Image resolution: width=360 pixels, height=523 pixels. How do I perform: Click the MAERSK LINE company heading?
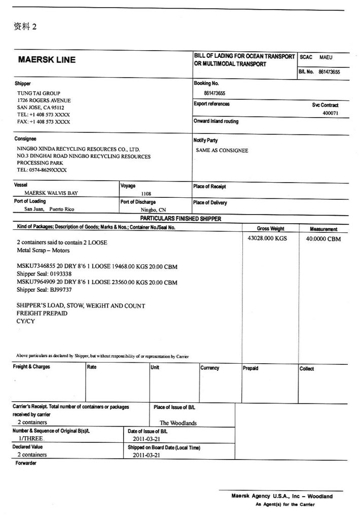(47, 60)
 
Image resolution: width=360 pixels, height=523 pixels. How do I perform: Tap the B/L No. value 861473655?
(329, 72)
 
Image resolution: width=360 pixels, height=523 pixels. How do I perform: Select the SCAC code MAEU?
(326, 57)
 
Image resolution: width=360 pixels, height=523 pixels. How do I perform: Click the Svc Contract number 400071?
(331, 113)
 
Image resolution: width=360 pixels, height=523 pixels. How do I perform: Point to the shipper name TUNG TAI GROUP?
(39, 93)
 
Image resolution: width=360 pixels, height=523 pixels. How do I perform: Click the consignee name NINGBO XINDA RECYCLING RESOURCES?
(78, 149)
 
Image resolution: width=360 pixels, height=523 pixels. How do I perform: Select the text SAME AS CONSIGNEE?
(222, 150)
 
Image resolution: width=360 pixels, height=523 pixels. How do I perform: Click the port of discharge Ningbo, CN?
(153, 210)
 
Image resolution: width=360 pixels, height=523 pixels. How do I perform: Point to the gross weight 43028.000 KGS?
(267, 238)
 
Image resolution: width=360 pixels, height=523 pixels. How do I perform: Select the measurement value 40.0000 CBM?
(323, 239)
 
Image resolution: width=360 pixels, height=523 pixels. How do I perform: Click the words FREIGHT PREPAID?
(42, 313)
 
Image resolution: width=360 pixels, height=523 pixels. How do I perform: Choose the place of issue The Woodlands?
(178, 423)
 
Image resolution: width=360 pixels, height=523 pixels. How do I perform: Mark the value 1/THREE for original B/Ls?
(31, 438)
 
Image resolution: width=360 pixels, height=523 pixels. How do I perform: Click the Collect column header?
(307, 369)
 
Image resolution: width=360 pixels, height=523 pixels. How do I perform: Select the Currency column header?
(210, 368)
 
